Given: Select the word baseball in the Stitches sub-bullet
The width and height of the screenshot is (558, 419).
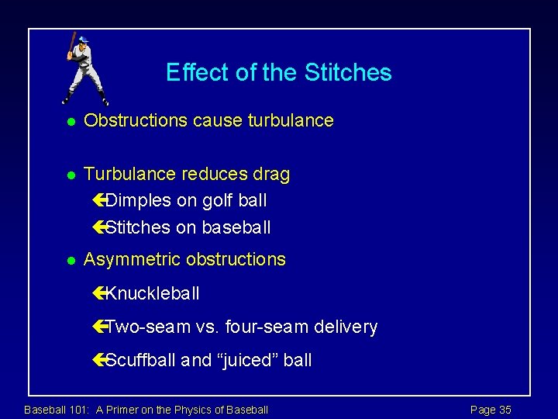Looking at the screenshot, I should (x=236, y=227).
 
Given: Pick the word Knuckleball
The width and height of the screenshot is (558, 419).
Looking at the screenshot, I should (x=152, y=293).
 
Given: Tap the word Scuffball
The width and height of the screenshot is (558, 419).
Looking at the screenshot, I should (x=143, y=360).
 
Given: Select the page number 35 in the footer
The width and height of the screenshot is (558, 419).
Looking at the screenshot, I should (x=505, y=410).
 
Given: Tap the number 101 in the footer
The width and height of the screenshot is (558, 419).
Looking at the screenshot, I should (x=80, y=410).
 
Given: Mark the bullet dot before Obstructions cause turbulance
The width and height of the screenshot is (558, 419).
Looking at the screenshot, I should (x=69, y=122).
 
